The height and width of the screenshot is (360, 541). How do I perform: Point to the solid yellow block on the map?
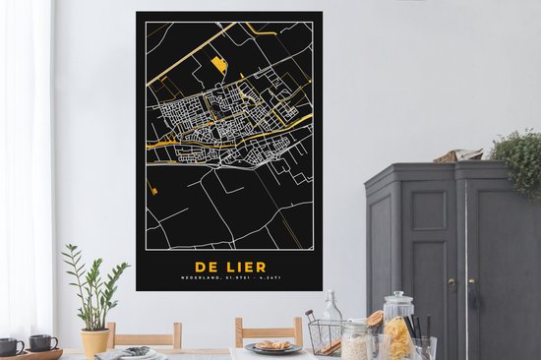coord(220,66)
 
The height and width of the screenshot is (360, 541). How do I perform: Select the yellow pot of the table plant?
coord(95,341)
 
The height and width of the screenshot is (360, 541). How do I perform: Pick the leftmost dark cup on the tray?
coord(10,346)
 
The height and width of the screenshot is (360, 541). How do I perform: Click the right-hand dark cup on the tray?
coord(42,342)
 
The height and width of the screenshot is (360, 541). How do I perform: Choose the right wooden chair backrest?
coord(269,331)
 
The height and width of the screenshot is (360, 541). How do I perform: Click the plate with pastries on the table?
coord(272,346)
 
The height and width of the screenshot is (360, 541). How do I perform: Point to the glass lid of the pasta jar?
coord(398,301)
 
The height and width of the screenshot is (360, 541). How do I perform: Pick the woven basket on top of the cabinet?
coord(458,154)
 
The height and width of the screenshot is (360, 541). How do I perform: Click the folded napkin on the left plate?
coord(137,350)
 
